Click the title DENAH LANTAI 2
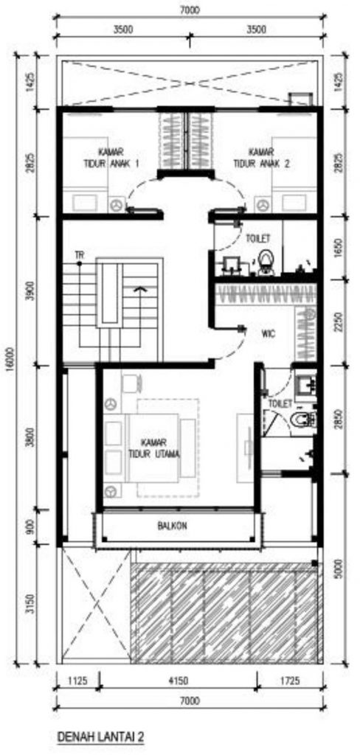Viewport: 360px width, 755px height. (101, 737)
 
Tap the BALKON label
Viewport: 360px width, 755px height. (172, 526)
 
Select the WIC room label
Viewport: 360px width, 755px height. (269, 334)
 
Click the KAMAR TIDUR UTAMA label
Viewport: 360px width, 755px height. (154, 448)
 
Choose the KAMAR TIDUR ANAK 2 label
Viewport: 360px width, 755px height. (262, 158)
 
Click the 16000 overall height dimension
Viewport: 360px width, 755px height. (18, 359)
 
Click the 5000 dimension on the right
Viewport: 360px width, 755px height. (342, 568)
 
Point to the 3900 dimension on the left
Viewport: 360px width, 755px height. (31, 291)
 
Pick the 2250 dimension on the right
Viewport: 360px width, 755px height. (342, 321)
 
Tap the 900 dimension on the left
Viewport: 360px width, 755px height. (31, 526)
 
